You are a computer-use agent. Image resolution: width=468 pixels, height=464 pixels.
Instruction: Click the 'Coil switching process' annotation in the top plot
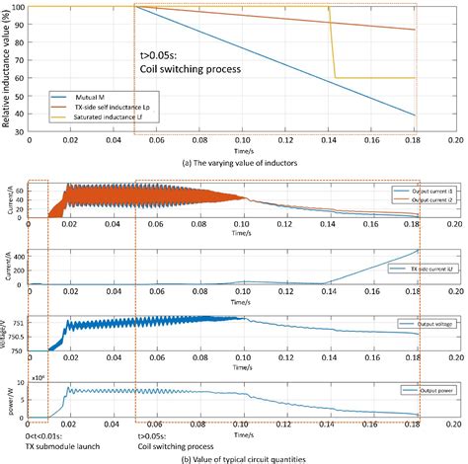187,69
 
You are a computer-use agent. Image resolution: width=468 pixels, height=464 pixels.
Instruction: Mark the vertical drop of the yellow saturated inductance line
333,44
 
